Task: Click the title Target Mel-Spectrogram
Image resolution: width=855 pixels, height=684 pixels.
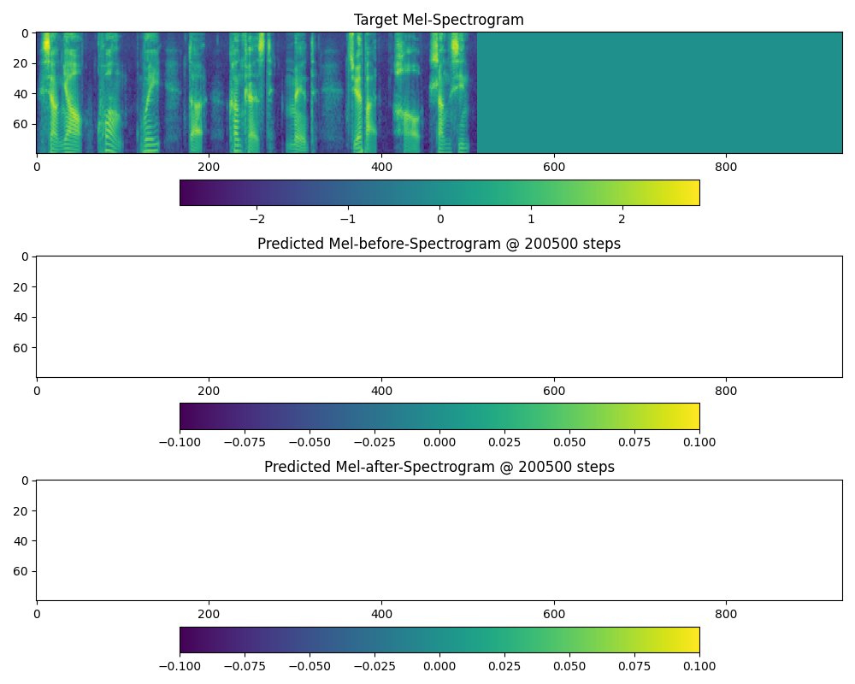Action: tap(439, 20)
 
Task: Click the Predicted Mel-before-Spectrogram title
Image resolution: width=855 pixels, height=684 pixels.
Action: tap(439, 244)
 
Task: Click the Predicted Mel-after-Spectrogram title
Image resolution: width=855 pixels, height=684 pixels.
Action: tap(439, 467)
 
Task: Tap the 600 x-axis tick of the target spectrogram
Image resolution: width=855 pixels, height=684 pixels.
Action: tap(554, 167)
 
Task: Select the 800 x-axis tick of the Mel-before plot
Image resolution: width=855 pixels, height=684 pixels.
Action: tap(726, 390)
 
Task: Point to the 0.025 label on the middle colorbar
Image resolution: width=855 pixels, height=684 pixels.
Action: tap(504, 442)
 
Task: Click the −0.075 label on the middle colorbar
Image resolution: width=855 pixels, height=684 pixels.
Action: tap(242, 442)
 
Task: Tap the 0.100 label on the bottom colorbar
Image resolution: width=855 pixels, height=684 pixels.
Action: tap(699, 665)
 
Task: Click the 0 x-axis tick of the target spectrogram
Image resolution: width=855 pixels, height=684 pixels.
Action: tap(37, 167)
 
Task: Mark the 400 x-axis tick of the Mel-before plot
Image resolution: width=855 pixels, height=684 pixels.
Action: tap(381, 390)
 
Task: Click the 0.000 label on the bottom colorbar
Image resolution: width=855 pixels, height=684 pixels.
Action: tap(439, 665)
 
